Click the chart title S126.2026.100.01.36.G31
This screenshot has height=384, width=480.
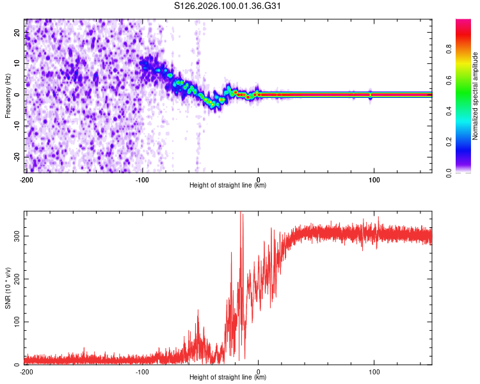(x=228, y=7)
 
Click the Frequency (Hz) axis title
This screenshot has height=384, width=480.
(x=8, y=96)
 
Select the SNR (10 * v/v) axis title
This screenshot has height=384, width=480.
(x=8, y=288)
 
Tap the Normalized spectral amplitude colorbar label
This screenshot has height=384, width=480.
(x=475, y=96)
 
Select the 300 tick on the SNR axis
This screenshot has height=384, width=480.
(x=15, y=236)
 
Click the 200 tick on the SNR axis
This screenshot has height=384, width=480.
(x=15, y=278)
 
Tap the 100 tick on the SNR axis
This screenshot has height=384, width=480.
(x=15, y=321)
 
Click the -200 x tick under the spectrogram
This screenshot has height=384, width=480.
(x=26, y=179)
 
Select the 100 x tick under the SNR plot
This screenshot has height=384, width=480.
(x=375, y=371)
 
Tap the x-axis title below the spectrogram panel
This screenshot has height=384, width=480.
(x=228, y=186)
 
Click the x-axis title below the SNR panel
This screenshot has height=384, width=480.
(x=228, y=378)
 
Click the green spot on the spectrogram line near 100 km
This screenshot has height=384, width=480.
(x=371, y=95)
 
